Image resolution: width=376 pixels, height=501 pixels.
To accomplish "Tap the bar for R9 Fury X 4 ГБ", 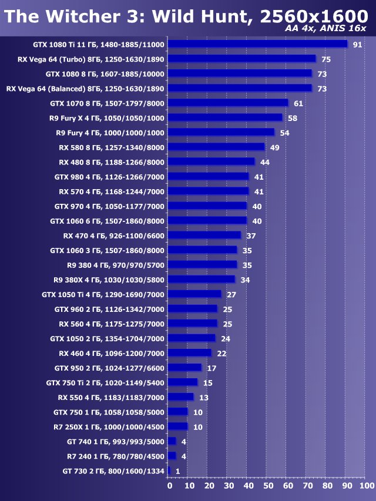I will [x=225, y=117].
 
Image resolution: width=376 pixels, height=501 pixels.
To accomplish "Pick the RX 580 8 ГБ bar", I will [x=216, y=147].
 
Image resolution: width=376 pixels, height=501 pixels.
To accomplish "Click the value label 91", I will [x=357, y=45].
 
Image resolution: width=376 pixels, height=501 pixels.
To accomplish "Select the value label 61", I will [x=298, y=103].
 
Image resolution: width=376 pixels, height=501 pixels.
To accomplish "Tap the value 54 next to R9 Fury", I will [x=284, y=133].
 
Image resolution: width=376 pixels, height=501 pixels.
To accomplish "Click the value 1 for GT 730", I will [x=177, y=471].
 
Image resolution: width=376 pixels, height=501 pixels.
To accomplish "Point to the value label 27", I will [x=231, y=294].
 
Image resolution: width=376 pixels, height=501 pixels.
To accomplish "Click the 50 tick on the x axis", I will [x=268, y=486].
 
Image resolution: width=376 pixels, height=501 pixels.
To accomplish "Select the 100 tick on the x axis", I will [x=366, y=486].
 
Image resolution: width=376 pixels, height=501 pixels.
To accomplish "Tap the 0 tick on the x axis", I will [x=170, y=486].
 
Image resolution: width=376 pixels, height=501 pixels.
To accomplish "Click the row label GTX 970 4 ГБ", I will [x=109, y=206].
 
